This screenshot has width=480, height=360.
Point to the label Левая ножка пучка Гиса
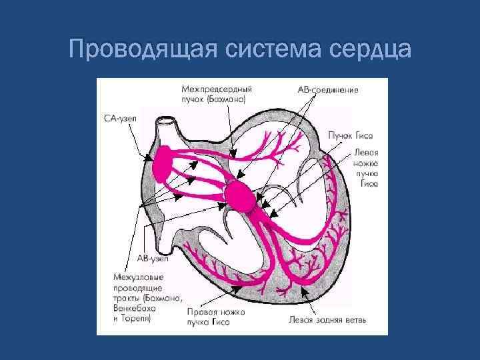click(x=365, y=167)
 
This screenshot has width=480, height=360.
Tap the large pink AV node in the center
click(x=239, y=195)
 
